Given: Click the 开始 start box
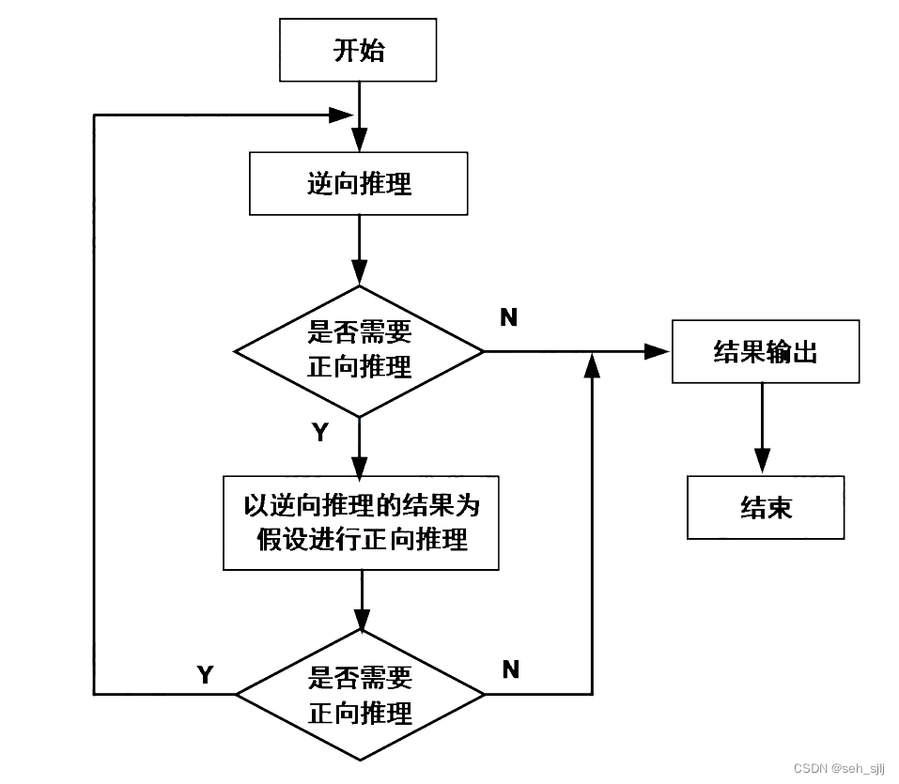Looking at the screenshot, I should click(358, 50).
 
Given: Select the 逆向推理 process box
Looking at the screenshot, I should click(358, 184).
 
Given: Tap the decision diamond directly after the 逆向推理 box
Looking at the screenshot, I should click(359, 351).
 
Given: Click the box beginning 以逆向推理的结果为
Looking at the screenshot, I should click(361, 523).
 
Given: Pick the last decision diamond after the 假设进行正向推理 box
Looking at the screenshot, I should click(360, 695).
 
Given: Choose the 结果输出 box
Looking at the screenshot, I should click(765, 351).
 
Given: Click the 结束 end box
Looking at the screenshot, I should click(765, 507).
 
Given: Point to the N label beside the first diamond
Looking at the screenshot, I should click(508, 317).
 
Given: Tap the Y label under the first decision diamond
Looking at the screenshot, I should click(320, 432).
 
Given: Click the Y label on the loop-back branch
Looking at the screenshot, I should click(205, 674).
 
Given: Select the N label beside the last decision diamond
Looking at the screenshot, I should click(510, 669).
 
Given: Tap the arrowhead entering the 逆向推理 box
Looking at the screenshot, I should click(359, 141).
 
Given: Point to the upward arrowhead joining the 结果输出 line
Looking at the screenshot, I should click(592, 365).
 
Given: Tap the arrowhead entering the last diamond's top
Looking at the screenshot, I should click(361, 620).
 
